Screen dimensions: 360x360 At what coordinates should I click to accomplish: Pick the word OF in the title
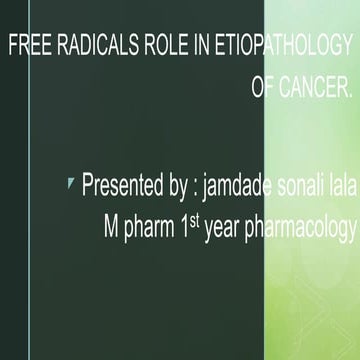click(265, 89)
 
